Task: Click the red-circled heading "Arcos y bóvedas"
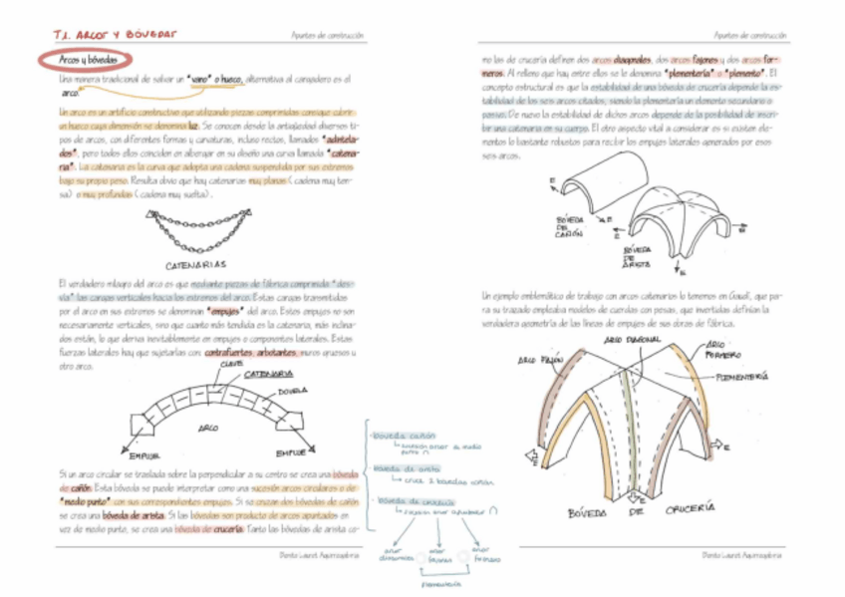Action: [x=83, y=60]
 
